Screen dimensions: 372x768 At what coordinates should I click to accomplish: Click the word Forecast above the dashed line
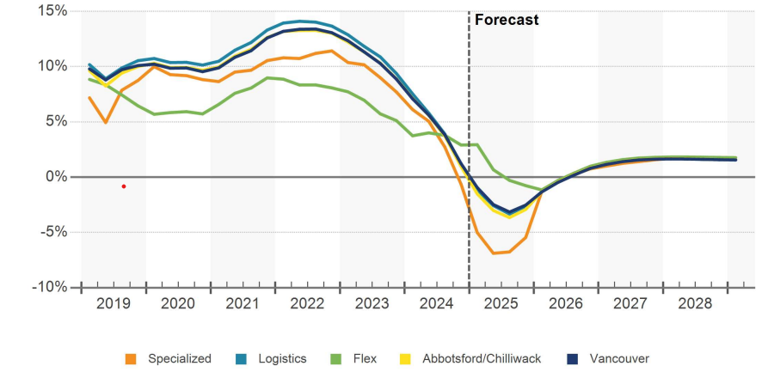[x=507, y=19]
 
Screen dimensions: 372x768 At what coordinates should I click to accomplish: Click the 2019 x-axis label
[x=114, y=304]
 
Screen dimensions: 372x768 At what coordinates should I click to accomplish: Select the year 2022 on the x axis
[x=307, y=304]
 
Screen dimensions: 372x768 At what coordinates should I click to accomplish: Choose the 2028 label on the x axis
[x=694, y=304]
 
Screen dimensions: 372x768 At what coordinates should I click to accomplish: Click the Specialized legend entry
[x=179, y=358]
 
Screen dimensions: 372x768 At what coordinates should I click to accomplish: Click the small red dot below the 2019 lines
[x=124, y=186]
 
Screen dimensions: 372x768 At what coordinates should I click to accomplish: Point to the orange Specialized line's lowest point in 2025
[x=494, y=253]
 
